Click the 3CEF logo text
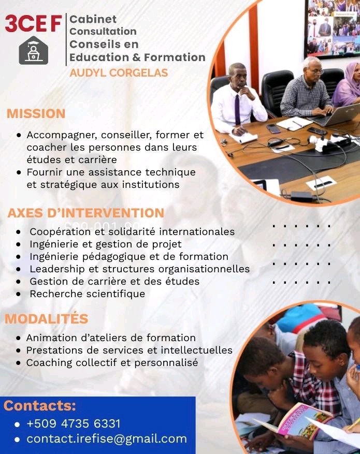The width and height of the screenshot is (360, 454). (x=33, y=23)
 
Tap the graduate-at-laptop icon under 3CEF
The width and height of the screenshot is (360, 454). (x=33, y=51)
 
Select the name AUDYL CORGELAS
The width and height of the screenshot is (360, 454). (x=119, y=73)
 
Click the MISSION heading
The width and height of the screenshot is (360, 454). (x=36, y=114)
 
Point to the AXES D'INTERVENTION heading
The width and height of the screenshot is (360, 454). (x=86, y=213)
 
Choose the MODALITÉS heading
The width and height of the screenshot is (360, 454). (x=47, y=319)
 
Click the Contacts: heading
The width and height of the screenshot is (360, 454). (x=40, y=406)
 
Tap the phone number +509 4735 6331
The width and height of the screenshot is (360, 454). (x=73, y=423)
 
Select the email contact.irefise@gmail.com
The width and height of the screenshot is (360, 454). (x=107, y=439)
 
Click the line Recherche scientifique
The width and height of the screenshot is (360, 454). (x=87, y=294)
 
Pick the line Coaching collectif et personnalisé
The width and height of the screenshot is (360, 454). (x=112, y=363)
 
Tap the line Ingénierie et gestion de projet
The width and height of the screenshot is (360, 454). (x=106, y=244)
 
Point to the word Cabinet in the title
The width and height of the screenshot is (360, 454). (x=93, y=20)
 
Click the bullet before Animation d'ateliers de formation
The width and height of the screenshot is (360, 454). (x=19, y=339)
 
